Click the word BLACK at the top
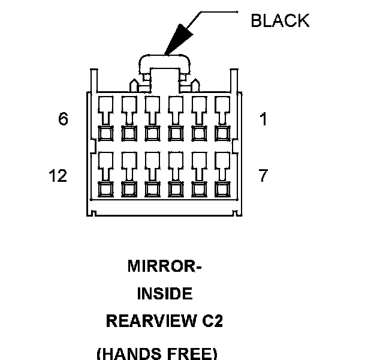click(280, 20)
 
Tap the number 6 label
click(64, 119)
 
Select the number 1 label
click(263, 119)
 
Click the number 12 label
click(58, 176)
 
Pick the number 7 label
click(263, 176)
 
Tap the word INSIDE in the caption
click(165, 294)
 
